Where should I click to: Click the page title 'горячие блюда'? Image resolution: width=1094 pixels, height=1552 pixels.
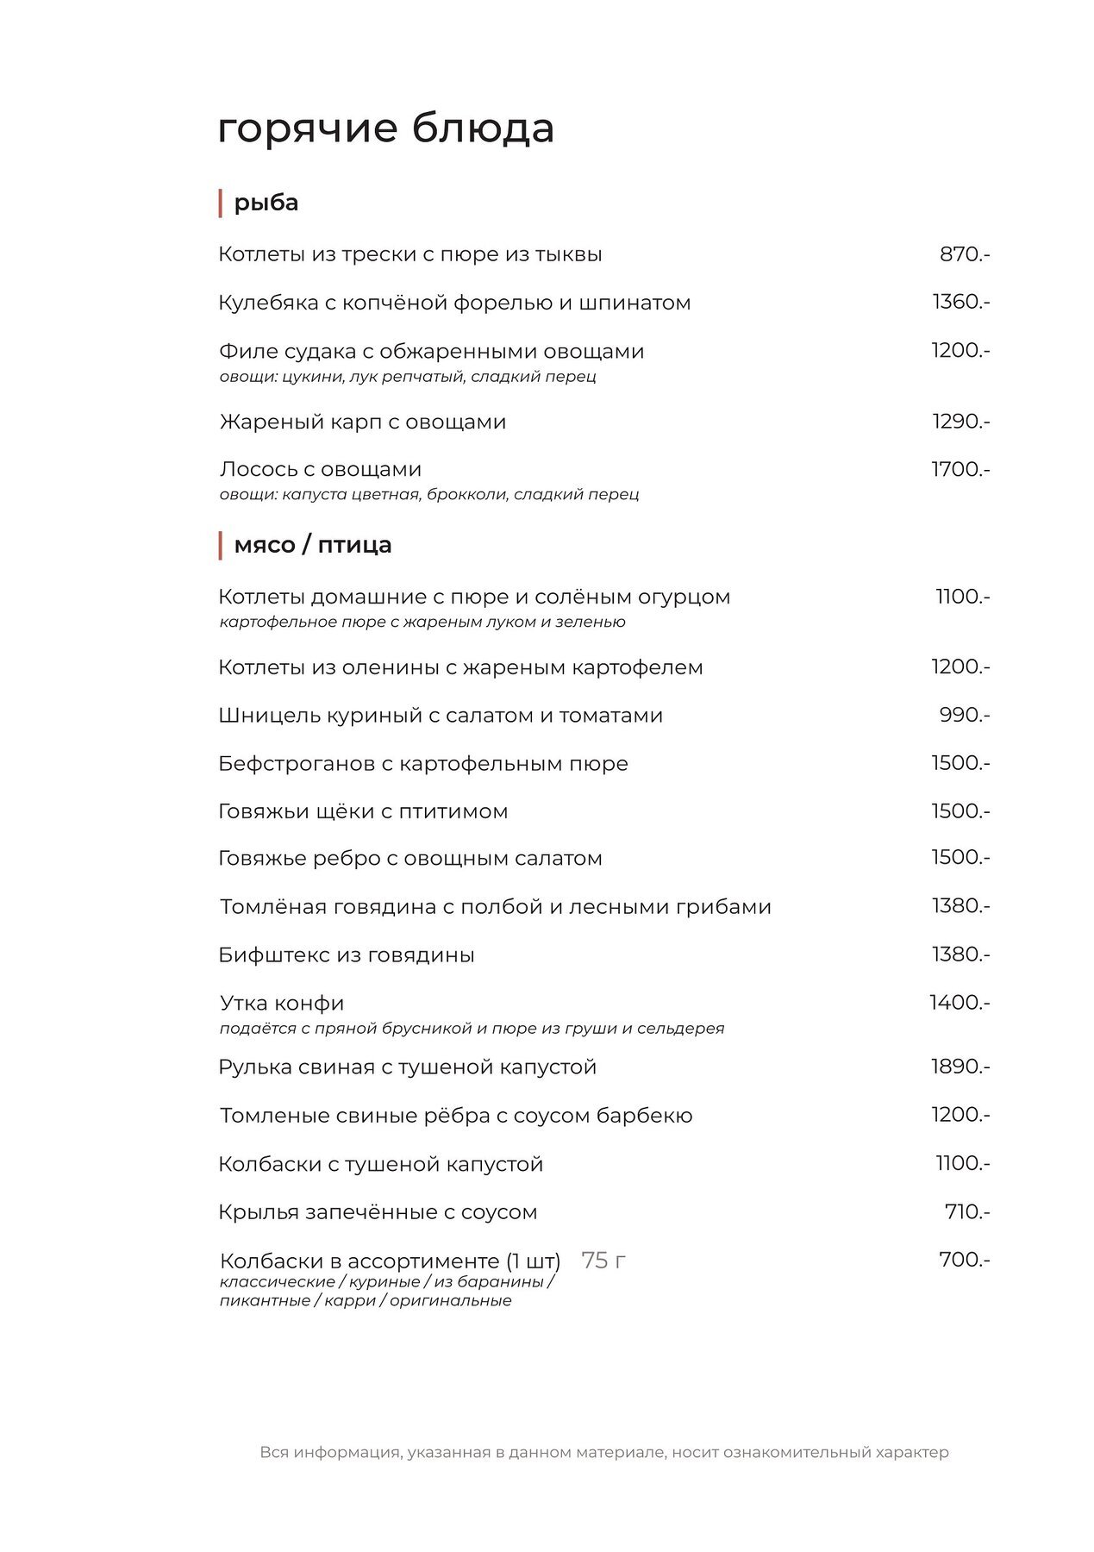pyautogui.click(x=385, y=128)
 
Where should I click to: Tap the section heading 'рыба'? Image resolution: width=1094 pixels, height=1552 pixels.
pyautogui.click(x=266, y=203)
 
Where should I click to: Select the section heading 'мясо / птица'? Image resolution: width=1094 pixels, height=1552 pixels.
pyautogui.click(x=312, y=545)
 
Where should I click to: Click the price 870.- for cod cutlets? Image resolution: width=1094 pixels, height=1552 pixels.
pyautogui.click(x=964, y=254)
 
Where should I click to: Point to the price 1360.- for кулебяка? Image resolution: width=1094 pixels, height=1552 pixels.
pyautogui.click(x=960, y=302)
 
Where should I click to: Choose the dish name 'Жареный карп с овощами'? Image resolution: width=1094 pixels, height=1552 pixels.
pyautogui.click(x=362, y=422)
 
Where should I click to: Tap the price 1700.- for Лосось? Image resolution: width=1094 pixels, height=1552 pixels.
pyautogui.click(x=960, y=469)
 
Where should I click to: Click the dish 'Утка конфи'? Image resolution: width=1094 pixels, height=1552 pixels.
pyautogui.click(x=282, y=1003)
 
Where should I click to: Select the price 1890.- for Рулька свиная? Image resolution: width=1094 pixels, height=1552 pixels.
pyautogui.click(x=960, y=1067)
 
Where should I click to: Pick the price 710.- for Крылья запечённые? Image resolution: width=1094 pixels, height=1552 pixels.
pyautogui.click(x=966, y=1211)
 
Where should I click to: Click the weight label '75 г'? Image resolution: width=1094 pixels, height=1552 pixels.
pyautogui.click(x=603, y=1260)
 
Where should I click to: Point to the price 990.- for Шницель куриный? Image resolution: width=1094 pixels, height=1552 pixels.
pyautogui.click(x=964, y=715)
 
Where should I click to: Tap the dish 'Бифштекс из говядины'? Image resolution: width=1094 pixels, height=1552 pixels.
pyautogui.click(x=347, y=954)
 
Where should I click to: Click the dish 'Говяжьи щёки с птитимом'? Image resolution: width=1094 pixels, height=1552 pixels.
pyautogui.click(x=363, y=811)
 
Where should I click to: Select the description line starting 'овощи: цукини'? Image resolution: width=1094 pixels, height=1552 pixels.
pyautogui.click(x=408, y=377)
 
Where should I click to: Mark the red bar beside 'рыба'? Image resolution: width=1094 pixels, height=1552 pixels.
pyautogui.click(x=221, y=203)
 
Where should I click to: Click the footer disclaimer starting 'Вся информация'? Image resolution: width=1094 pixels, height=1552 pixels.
pyautogui.click(x=604, y=1452)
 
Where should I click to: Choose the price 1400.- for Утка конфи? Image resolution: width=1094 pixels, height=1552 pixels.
pyautogui.click(x=960, y=1003)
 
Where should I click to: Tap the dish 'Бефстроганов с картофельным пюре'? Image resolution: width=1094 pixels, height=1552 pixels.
pyautogui.click(x=423, y=763)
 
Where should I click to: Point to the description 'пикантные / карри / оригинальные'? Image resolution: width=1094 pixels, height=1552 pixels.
pyautogui.click(x=366, y=1301)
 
